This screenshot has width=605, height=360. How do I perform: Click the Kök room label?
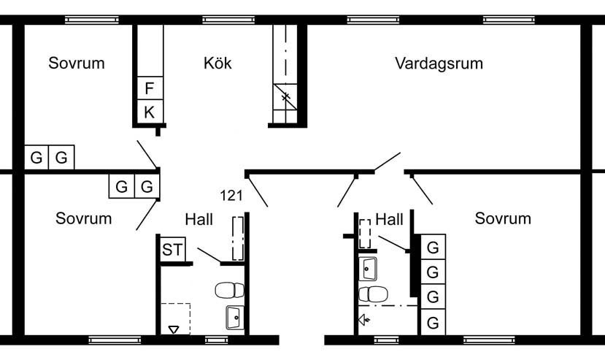pos(217,64)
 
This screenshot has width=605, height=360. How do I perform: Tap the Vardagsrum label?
pos(439,64)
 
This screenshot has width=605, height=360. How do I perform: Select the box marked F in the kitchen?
pos(149,89)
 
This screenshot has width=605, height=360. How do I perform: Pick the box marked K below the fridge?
pos(149,112)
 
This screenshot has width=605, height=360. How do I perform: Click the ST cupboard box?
pos(172,250)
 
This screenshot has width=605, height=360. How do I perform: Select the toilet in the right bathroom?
pos(374,294)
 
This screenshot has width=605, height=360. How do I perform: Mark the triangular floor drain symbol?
pos(173,330)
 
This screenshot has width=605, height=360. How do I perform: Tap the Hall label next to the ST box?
pos(199,218)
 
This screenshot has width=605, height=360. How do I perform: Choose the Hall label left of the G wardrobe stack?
pos(389,218)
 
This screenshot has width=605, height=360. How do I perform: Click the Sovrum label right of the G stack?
pos(503,218)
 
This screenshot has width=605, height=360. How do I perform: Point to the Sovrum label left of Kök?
pos(77,64)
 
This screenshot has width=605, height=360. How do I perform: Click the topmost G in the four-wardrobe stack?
pos(433,248)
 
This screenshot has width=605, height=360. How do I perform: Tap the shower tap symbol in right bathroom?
pos(364,319)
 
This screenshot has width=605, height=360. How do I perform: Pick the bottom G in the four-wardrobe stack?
pos(433,321)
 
